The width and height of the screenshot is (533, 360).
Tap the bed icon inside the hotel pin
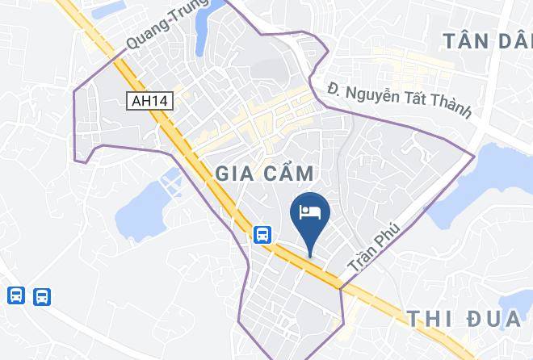pyautogui.click(x=310, y=211)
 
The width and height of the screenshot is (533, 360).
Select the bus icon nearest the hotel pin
pyautogui.click(x=262, y=235)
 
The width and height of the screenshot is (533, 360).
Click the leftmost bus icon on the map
pyautogui.click(x=16, y=296)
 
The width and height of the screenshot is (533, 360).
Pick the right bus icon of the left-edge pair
pyautogui.click(x=42, y=296)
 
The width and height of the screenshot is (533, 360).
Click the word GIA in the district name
pyautogui.click(x=234, y=174)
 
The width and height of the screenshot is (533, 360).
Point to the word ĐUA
pyautogui.click(x=493, y=318)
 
